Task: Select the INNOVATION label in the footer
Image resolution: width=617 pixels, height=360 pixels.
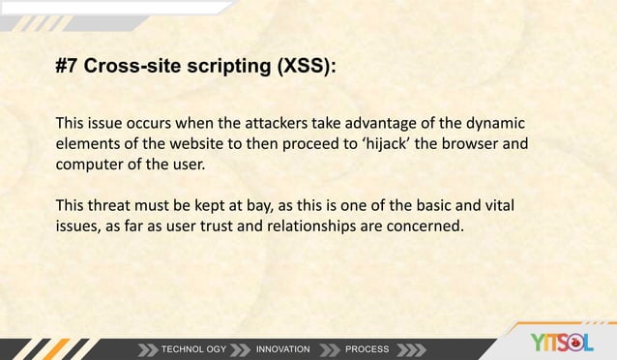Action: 282,348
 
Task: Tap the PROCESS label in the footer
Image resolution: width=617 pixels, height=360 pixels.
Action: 367,348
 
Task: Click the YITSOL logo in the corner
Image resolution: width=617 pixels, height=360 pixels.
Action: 563,342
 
